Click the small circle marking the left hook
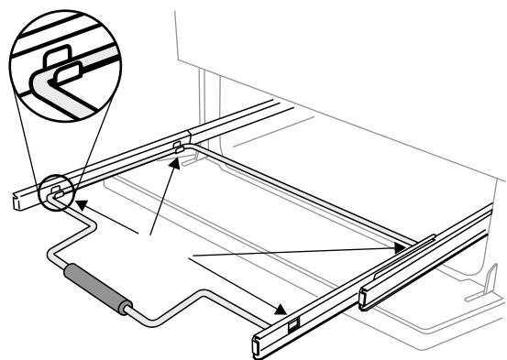pos(56,191)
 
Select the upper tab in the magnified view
pos(59,54)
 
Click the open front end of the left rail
pos(19,201)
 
